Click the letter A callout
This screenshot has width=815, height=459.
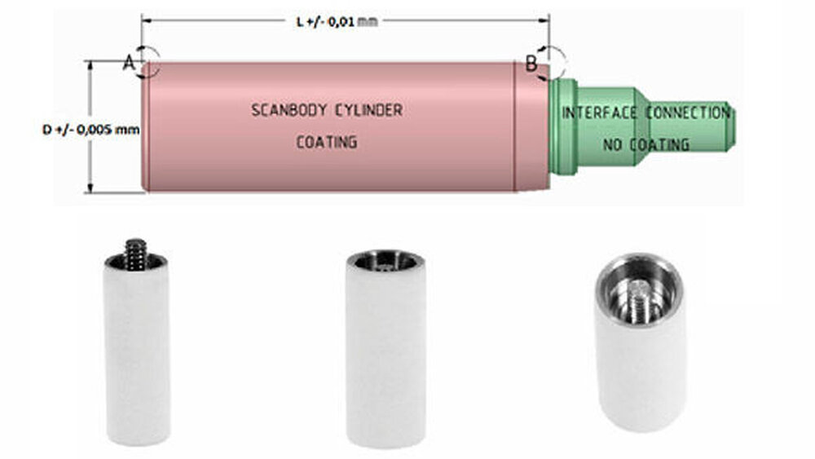pos(129,63)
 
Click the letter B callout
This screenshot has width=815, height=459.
pos(531,63)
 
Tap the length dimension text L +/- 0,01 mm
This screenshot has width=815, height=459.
pos(337,20)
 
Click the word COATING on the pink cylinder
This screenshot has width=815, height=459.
pos(326,142)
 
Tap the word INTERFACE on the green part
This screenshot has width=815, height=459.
pos(599,113)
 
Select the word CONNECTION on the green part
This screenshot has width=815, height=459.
pos(689,113)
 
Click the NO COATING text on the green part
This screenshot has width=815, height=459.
pos(645,144)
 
